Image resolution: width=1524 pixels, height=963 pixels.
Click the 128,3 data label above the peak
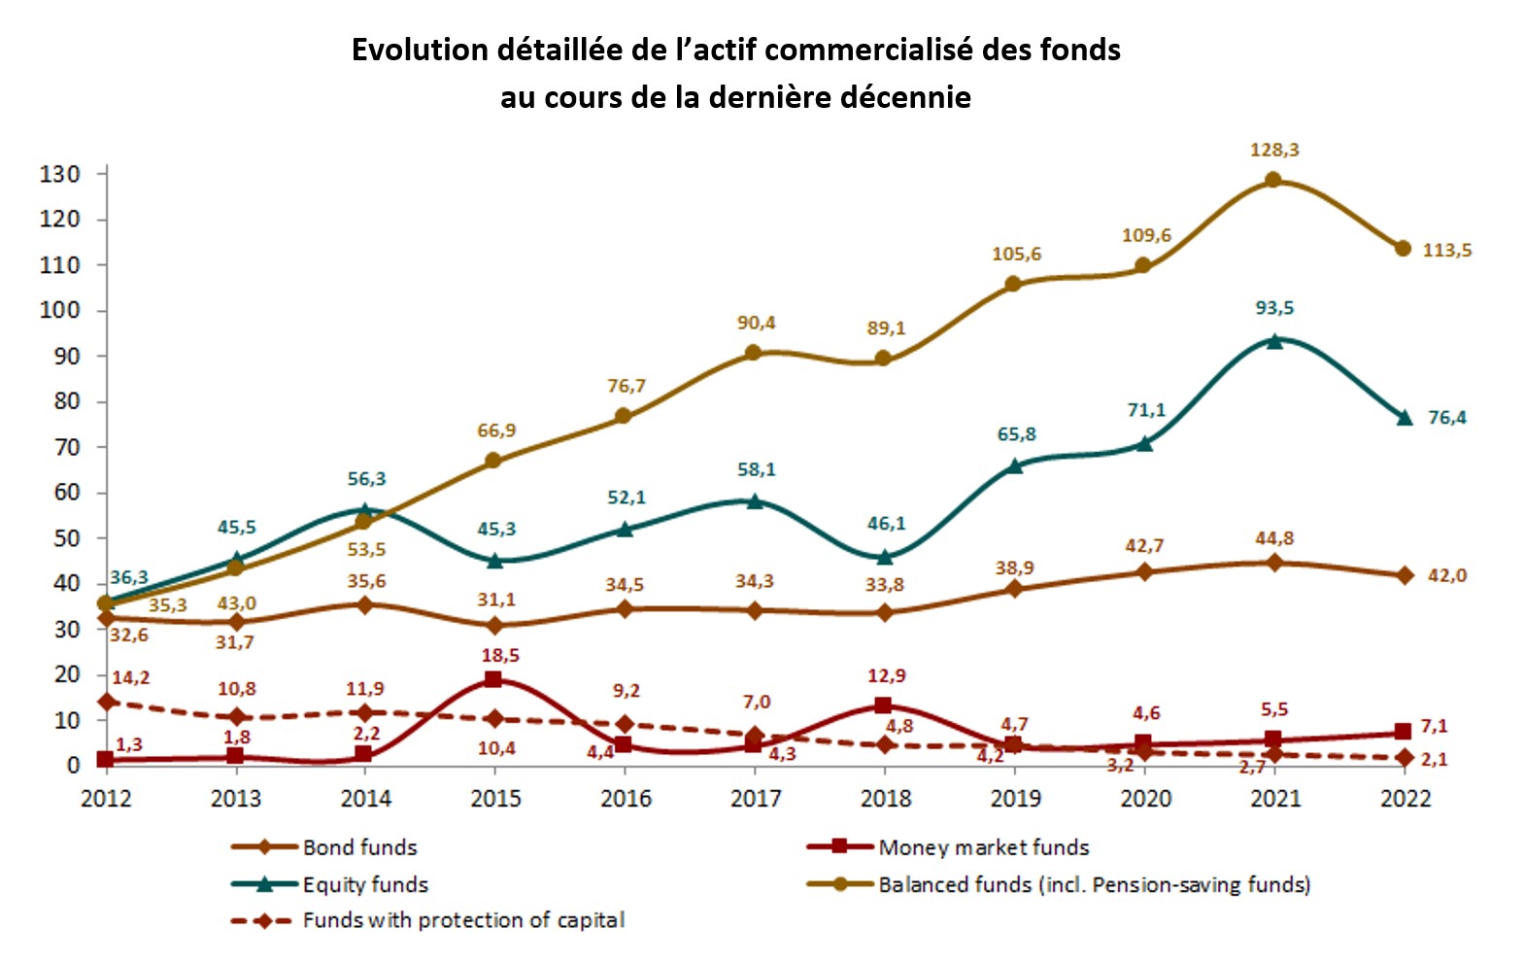pos(1273,150)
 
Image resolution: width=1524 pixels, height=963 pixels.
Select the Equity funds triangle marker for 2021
pos(1273,340)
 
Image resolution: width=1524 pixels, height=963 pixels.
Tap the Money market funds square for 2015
pos(493,679)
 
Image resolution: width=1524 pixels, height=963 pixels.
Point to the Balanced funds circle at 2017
pos(754,353)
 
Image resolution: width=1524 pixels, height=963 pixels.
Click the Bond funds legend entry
pos(359,847)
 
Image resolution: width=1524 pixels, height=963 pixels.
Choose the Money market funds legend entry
pos(983,847)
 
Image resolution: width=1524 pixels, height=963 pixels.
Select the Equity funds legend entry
pos(364,884)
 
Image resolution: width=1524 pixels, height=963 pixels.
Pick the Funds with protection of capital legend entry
pos(462,920)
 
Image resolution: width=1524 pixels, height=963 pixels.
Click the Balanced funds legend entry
pos(1094,884)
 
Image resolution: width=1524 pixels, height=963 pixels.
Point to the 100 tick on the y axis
pos(59,311)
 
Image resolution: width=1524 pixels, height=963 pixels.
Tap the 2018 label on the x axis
pos(885,799)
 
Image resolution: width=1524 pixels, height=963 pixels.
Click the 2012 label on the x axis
pos(106,799)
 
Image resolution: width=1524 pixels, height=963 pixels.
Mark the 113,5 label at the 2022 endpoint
pos(1446,251)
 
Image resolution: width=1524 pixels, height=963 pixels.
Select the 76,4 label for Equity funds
pos(1446,418)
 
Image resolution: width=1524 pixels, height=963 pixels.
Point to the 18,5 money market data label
pos(499,656)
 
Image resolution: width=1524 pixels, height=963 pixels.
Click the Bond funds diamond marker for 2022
pos(1404,575)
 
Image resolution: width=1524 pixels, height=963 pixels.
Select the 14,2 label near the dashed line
pos(130,677)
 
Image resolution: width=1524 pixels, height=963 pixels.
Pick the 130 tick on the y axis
pos(59,174)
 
